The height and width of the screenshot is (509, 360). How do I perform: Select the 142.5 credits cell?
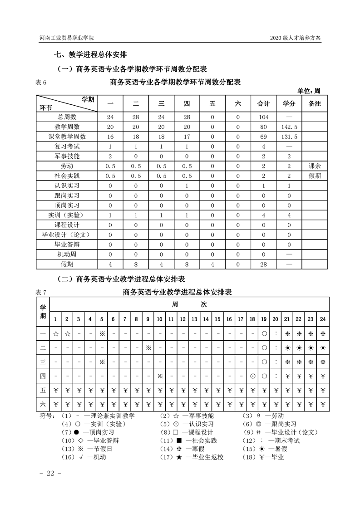(289, 126)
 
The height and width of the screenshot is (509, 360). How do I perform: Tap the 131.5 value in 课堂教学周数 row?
(289, 136)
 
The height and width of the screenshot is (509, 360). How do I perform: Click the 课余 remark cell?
(315, 166)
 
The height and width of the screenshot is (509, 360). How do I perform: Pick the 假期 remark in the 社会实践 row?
(315, 176)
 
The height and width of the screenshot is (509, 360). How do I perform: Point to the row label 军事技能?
(67, 156)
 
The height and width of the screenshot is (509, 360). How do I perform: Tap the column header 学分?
(289, 104)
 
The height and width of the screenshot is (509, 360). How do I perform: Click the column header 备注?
(315, 104)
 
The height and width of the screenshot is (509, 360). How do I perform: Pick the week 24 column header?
(323, 319)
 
